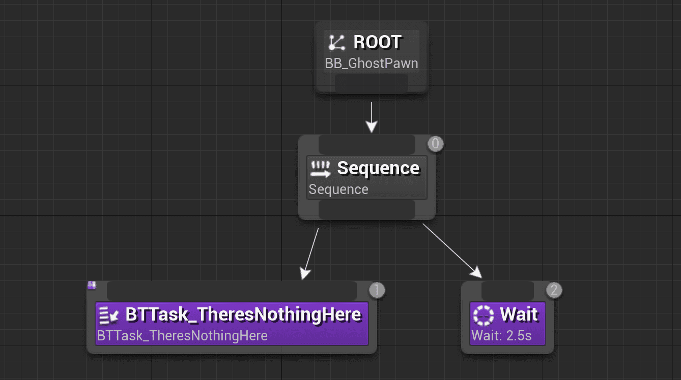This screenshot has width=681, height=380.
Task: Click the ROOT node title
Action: click(x=377, y=42)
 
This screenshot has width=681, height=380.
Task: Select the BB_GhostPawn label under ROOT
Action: click(x=372, y=64)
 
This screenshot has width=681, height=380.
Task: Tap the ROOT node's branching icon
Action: click(x=336, y=43)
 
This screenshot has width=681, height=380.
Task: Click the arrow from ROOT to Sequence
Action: click(x=372, y=117)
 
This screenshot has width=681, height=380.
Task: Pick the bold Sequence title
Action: click(x=378, y=168)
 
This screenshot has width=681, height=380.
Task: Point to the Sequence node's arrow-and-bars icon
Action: click(x=321, y=169)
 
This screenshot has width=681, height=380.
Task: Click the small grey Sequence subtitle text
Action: click(x=338, y=189)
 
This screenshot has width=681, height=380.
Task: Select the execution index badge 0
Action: click(x=435, y=144)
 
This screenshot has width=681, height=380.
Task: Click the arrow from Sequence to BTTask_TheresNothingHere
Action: click(x=311, y=254)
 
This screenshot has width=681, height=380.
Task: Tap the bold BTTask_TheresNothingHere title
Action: click(x=243, y=314)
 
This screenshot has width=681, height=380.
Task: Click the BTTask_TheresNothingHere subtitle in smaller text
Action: click(x=182, y=335)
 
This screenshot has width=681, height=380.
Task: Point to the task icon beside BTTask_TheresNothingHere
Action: click(x=108, y=315)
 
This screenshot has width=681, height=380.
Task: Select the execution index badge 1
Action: click(x=377, y=290)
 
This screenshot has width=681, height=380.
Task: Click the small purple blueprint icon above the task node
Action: click(x=92, y=285)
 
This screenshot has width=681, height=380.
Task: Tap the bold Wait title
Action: click(x=519, y=314)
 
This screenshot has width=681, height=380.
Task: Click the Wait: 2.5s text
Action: click(x=501, y=335)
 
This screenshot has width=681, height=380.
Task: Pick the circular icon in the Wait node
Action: click(x=483, y=315)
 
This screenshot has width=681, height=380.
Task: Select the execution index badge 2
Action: click(x=554, y=290)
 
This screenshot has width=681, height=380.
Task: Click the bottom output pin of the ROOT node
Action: click(x=372, y=83)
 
